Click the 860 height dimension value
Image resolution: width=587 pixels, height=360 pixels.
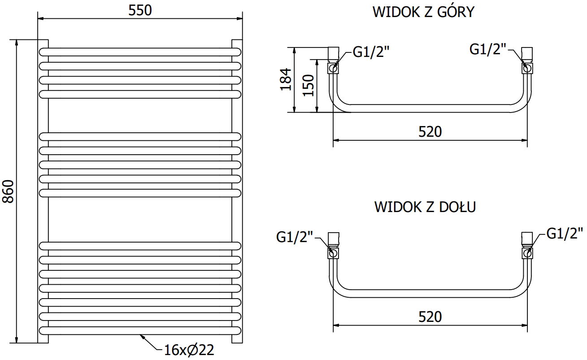pos(9,192)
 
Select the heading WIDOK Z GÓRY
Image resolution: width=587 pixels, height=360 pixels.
pos(423,12)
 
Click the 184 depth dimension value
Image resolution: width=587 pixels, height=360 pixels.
pos(286,79)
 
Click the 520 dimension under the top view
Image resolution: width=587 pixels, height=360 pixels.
pos(430,132)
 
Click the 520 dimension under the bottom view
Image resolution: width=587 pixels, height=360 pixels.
pos(430,317)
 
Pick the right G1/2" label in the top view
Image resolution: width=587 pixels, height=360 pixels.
pos(487,49)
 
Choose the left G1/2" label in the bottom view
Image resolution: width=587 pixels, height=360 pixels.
pos(294,237)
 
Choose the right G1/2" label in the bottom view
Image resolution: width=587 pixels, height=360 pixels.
pos(565,234)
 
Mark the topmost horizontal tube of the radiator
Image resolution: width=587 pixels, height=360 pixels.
pos(140,52)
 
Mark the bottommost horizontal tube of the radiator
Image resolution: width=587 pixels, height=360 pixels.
pos(140,330)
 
